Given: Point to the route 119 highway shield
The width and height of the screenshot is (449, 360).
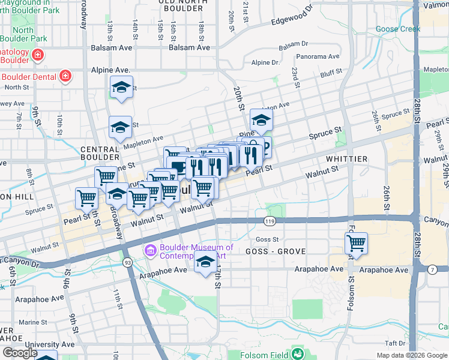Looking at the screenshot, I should pyautogui.click(x=269, y=222).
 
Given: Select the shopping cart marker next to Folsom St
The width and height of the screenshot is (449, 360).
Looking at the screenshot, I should pyautogui.click(x=356, y=244).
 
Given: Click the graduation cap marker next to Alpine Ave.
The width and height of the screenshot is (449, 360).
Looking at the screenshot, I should pyautogui.click(x=121, y=87).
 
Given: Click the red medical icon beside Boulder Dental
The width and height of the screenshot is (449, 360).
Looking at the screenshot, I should pyautogui.click(x=65, y=76).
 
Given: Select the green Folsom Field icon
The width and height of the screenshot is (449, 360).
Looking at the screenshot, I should pyautogui.click(x=297, y=355).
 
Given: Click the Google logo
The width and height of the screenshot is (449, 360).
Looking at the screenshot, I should pyautogui.click(x=19, y=353).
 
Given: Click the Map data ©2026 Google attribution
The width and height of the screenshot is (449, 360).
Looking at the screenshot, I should pyautogui.click(x=411, y=355).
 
